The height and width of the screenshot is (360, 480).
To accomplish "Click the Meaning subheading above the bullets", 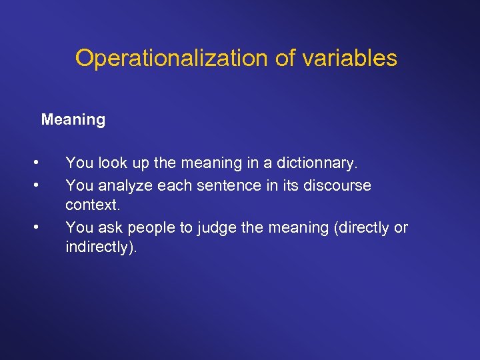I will pyautogui.click(x=73, y=120).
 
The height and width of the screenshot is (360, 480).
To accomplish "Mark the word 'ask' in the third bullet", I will pyautogui.click(x=111, y=227).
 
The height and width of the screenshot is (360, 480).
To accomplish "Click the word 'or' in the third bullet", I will pyautogui.click(x=401, y=227).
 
